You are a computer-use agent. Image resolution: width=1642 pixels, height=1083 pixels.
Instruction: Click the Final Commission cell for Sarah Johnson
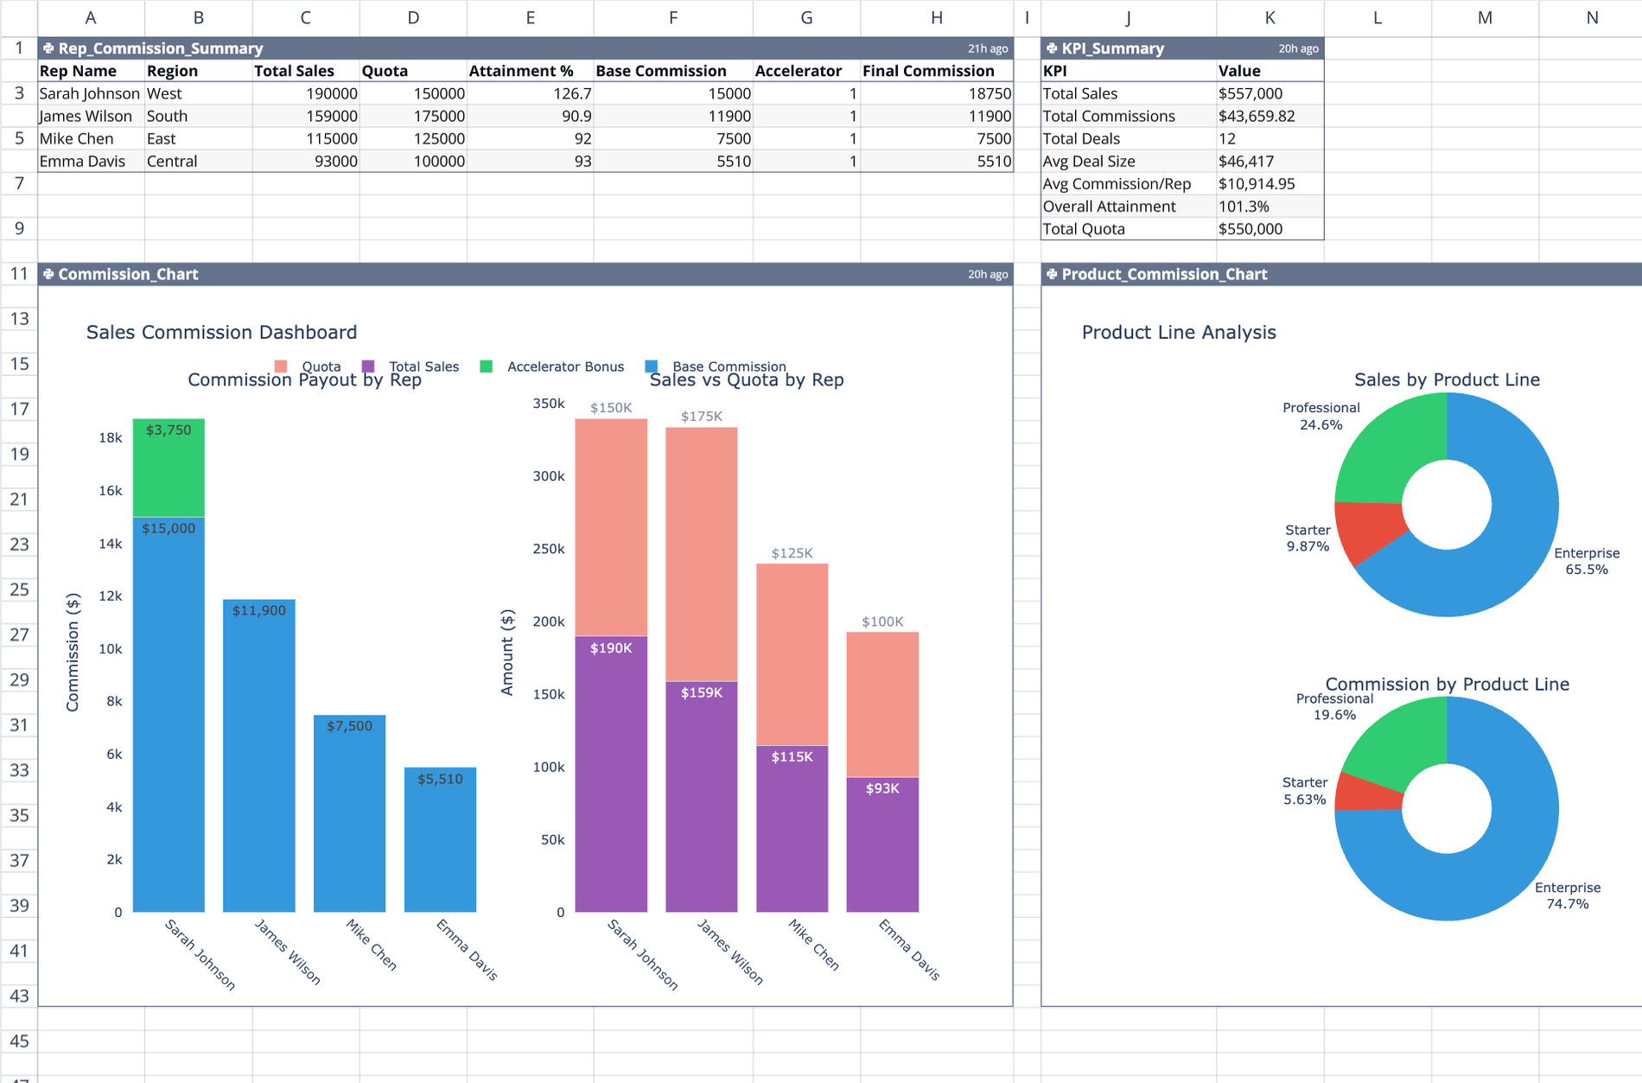click(x=936, y=93)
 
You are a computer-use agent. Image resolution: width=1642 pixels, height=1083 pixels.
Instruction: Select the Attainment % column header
click(x=521, y=71)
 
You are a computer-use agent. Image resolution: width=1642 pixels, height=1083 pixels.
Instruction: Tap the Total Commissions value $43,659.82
click(x=1257, y=116)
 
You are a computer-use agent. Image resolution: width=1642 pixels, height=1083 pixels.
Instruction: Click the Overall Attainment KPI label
click(x=1109, y=207)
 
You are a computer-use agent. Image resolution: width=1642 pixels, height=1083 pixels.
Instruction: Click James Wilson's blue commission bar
click(x=258, y=761)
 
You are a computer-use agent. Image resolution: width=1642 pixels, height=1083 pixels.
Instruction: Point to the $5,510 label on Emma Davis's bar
click(x=440, y=779)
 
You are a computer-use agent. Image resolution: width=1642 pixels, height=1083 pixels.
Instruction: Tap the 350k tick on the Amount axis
click(x=548, y=404)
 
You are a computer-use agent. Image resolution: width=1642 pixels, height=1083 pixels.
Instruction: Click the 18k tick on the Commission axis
click(x=111, y=437)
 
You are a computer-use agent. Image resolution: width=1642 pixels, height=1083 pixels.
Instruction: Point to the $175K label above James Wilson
click(x=701, y=417)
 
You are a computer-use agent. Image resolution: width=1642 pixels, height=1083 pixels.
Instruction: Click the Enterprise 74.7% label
click(x=1567, y=895)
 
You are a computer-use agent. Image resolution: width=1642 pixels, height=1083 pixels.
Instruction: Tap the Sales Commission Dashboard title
click(x=221, y=332)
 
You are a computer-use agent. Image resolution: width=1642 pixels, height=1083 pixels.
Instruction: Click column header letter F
click(x=672, y=17)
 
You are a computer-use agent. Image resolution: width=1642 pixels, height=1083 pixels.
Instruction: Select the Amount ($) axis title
click(x=507, y=652)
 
